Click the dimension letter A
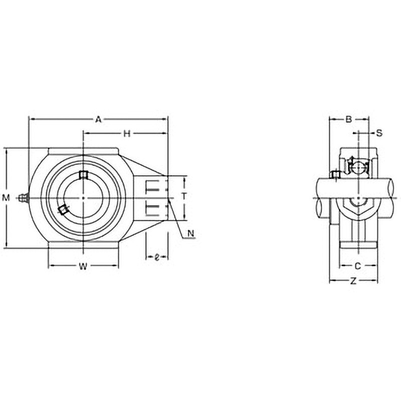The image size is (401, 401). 98,119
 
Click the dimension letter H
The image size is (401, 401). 127,133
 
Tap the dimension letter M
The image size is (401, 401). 6,197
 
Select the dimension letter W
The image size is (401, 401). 83,266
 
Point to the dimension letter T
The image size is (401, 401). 184,196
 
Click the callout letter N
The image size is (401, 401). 191,233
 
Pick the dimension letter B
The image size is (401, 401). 348,119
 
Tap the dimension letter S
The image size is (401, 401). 379,133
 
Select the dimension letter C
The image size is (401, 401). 358,266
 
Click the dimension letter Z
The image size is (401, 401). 353,281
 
